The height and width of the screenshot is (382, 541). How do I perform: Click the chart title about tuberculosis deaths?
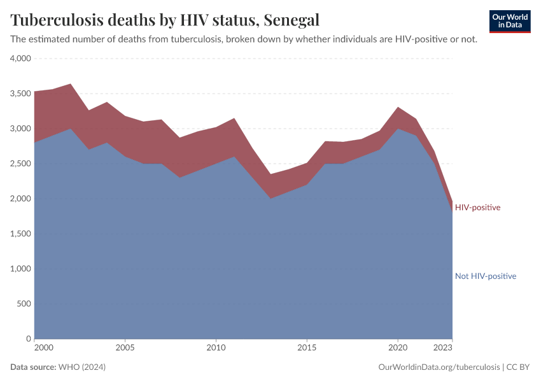click(x=165, y=20)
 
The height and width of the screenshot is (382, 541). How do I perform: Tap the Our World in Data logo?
click(x=509, y=21)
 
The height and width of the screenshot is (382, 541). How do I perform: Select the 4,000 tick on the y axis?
click(x=20, y=59)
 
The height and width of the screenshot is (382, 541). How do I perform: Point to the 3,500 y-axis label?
click(x=20, y=94)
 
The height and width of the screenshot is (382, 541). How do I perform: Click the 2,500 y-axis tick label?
click(x=20, y=164)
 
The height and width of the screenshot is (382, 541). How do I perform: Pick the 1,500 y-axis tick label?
click(x=20, y=234)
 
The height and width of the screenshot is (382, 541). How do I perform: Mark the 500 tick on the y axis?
click(x=24, y=304)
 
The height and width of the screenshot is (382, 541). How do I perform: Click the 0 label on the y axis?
click(x=28, y=339)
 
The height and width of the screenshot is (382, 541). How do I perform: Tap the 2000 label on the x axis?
click(x=43, y=348)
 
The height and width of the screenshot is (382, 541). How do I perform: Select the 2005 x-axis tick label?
click(x=125, y=348)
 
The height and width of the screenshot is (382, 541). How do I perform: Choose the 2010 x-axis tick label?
click(x=216, y=348)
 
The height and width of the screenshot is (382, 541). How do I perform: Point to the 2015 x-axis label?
click(x=307, y=348)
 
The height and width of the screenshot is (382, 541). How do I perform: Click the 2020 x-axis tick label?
click(x=398, y=348)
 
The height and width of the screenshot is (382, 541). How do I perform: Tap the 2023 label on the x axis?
click(x=443, y=348)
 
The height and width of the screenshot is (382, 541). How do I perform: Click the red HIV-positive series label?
click(x=477, y=208)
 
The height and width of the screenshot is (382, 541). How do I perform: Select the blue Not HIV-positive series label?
click(x=485, y=276)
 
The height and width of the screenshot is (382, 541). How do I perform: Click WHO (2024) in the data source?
click(x=81, y=367)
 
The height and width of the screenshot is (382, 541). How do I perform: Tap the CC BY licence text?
click(x=518, y=367)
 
